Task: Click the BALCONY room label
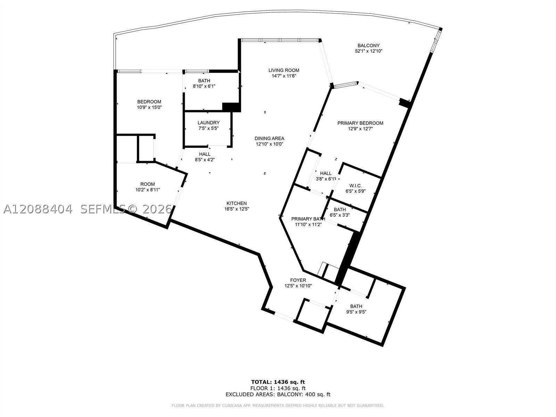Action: pyautogui.click(x=368, y=46)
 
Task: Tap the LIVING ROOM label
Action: pyautogui.click(x=284, y=71)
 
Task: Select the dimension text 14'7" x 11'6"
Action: pyautogui.click(x=284, y=76)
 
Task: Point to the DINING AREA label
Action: pyautogui.click(x=269, y=139)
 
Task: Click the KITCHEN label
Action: pyautogui.click(x=237, y=203)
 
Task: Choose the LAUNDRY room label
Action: pyautogui.click(x=208, y=123)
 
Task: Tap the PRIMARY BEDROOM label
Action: pyautogui.click(x=360, y=123)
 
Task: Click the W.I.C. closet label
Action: pyautogui.click(x=355, y=186)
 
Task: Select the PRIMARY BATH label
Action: pyautogui.click(x=308, y=219)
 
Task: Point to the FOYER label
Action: pyautogui.click(x=298, y=280)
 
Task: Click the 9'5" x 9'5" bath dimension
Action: pyautogui.click(x=356, y=312)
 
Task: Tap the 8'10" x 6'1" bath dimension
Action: pyautogui.click(x=204, y=86)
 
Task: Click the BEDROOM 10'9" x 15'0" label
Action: pyautogui.click(x=149, y=105)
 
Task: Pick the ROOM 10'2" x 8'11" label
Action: pyautogui.click(x=148, y=187)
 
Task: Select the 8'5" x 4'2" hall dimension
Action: pyautogui.click(x=205, y=160)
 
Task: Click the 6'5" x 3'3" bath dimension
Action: pyautogui.click(x=340, y=215)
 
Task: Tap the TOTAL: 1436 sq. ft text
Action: pyautogui.click(x=278, y=382)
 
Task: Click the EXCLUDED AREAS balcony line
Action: pyautogui.click(x=278, y=394)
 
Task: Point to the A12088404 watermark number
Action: pyautogui.click(x=38, y=209)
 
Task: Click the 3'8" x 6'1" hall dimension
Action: pyautogui.click(x=326, y=179)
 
